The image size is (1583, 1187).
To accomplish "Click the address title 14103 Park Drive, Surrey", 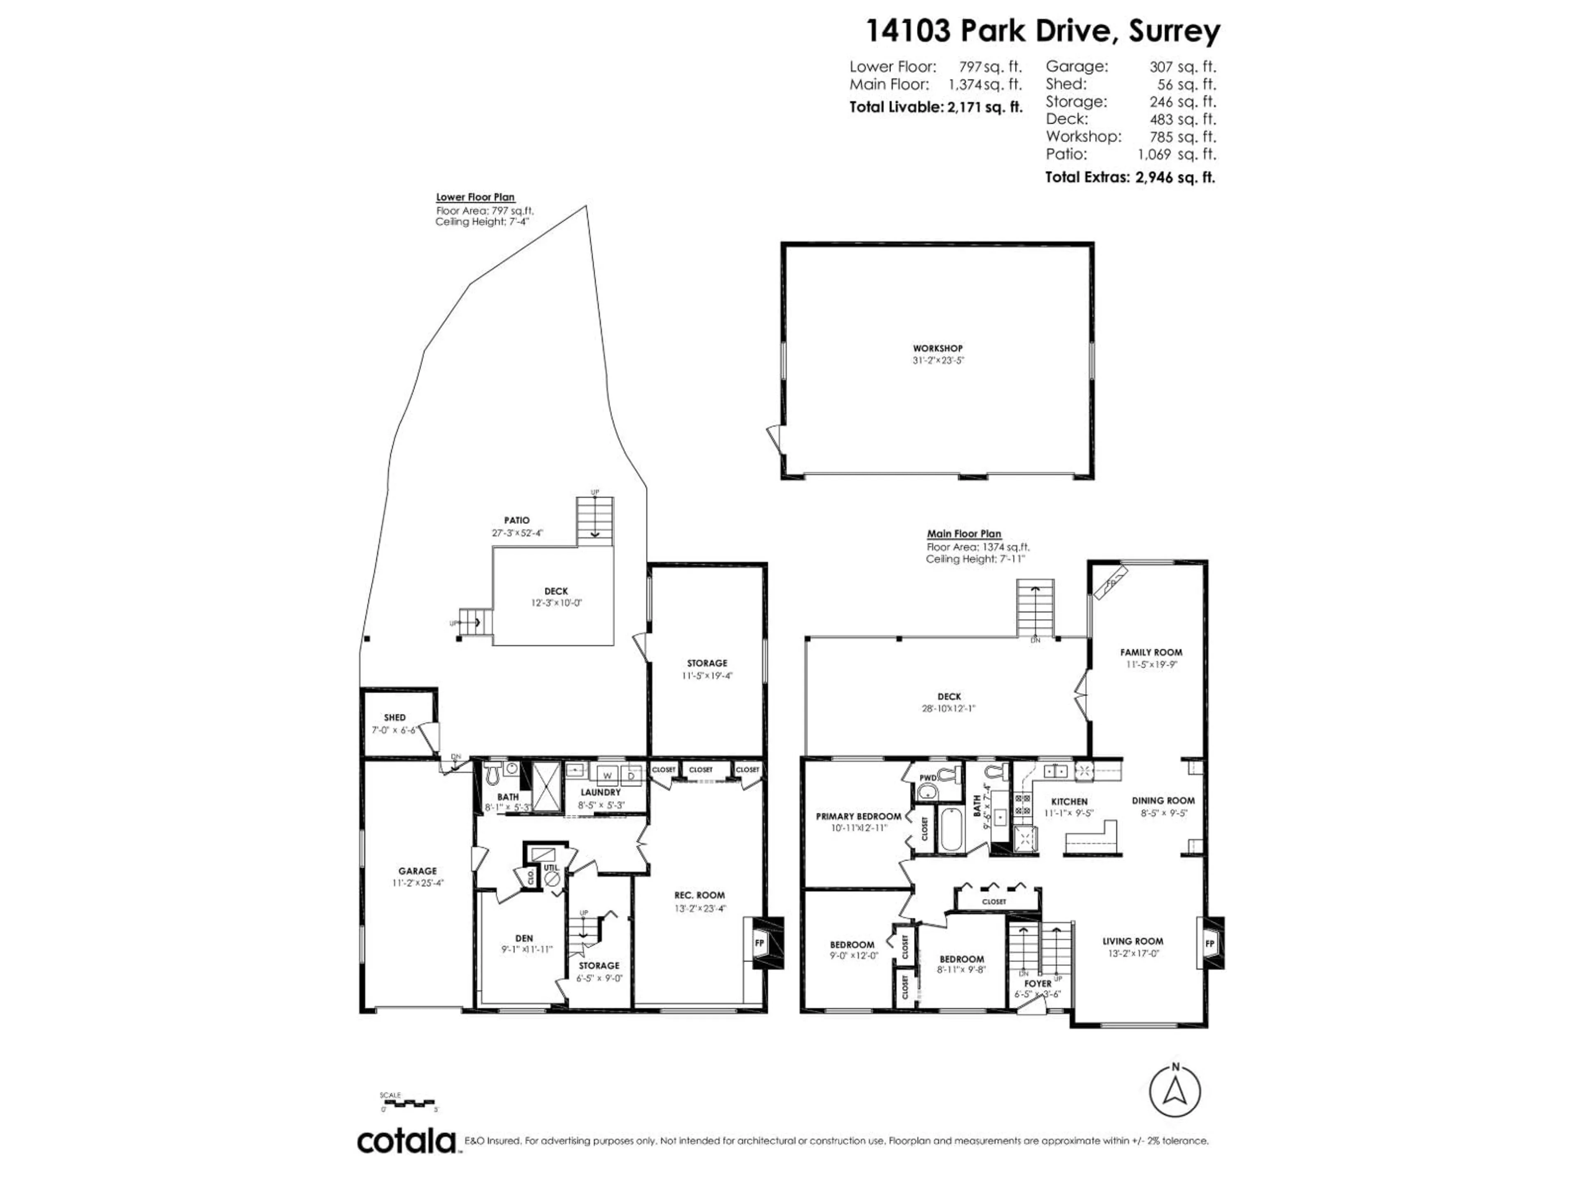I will click(x=1043, y=31).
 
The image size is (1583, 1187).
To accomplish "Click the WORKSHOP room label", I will click(x=937, y=348).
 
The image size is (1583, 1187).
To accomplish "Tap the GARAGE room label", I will click(x=417, y=871).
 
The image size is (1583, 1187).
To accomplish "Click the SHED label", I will click(x=395, y=717).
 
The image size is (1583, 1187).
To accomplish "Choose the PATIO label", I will click(x=517, y=520).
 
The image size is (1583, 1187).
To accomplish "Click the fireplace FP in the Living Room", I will click(x=1210, y=944).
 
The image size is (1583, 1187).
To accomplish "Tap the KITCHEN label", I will click(x=1069, y=801).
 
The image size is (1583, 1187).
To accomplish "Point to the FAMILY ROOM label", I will click(x=1151, y=652).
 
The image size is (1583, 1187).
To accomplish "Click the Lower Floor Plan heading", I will click(x=475, y=197).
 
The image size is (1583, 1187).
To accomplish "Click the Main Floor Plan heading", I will click(x=964, y=534).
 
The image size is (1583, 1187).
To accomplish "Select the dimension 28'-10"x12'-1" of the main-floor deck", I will click(x=949, y=708).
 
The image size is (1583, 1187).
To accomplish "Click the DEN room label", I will click(x=524, y=938).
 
